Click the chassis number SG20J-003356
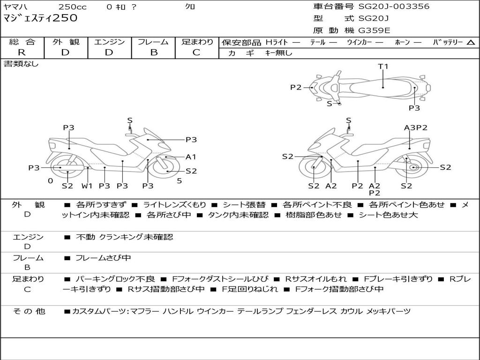click(394, 7)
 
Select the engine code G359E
click(375, 31)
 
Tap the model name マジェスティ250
click(40, 18)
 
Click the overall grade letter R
click(22, 52)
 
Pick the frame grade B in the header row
click(153, 52)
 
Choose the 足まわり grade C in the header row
click(196, 52)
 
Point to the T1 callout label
click(383, 67)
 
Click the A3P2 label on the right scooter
click(415, 127)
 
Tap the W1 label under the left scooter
click(87, 186)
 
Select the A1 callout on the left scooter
click(191, 157)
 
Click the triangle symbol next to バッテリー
click(471, 43)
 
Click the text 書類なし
click(21, 64)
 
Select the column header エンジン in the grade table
click(109, 42)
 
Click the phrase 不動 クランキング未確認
click(124, 237)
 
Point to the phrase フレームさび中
click(103, 258)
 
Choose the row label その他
click(29, 311)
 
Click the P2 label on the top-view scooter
click(296, 87)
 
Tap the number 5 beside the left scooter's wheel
click(179, 180)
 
